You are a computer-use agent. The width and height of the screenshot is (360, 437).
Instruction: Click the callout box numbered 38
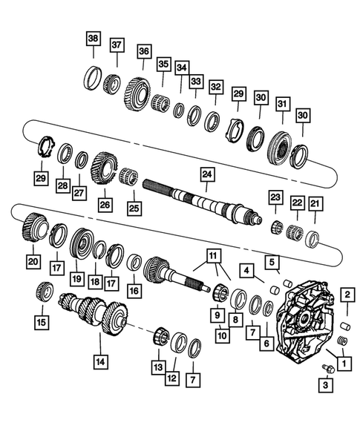(92, 38)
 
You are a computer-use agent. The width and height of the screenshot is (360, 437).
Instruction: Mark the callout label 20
(33, 260)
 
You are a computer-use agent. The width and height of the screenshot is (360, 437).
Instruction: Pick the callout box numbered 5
(273, 261)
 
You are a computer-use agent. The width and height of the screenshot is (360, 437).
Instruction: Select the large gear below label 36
(139, 91)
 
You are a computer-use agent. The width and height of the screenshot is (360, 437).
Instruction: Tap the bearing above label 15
(43, 292)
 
